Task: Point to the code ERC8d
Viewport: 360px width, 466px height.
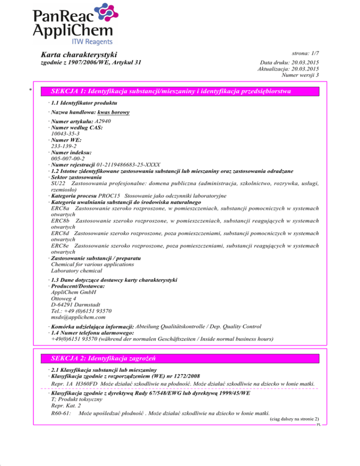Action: [x=60, y=233]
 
